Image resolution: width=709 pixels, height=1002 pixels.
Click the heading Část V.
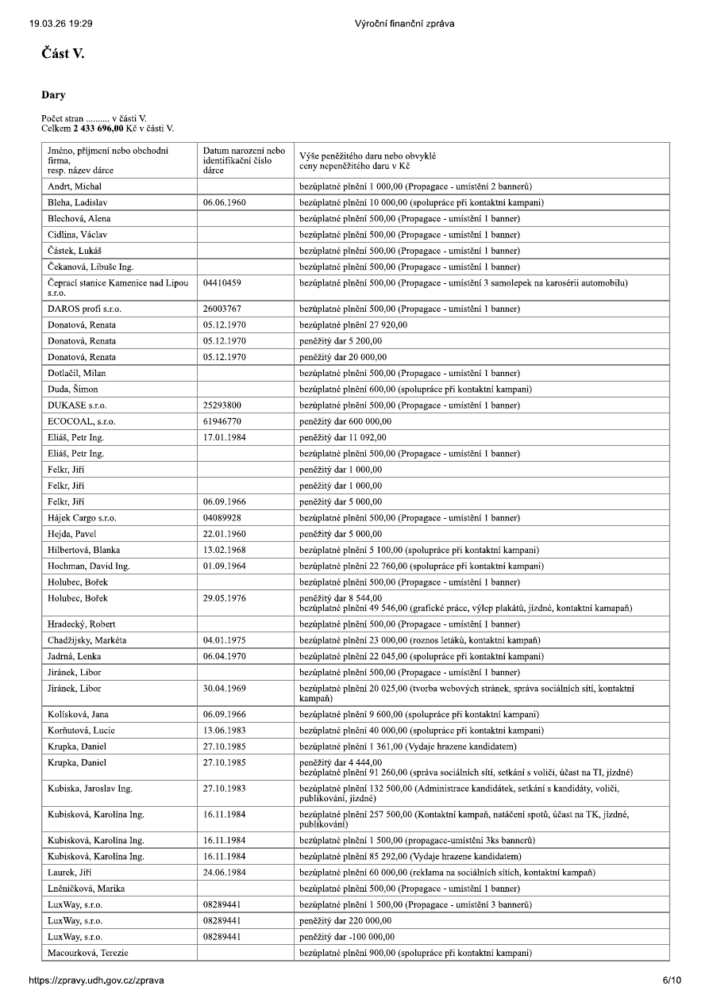pos(63,54)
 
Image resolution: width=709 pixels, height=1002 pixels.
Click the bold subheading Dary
pos(54,95)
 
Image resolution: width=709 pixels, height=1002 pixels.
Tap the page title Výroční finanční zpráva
pos(405,23)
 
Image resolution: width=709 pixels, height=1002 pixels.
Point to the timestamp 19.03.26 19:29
pos(60,23)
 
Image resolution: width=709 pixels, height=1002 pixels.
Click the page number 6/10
pos(671,980)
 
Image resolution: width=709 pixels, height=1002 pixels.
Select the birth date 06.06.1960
pos(225,202)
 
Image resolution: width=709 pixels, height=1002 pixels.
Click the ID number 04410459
pos(222,282)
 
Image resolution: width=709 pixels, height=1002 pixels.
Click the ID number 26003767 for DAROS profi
pos(222,309)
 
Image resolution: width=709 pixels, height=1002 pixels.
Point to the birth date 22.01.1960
pos(225,533)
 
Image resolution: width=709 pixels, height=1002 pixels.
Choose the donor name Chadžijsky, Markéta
pos(87,640)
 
